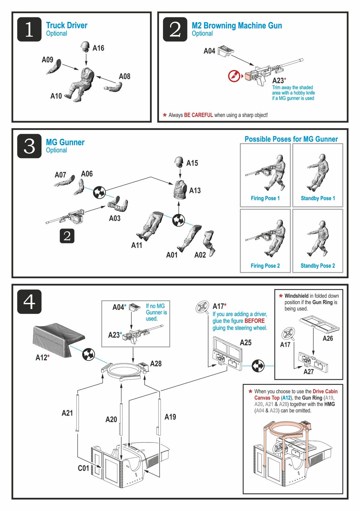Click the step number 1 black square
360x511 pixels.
[29, 29]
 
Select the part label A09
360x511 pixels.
[47, 60]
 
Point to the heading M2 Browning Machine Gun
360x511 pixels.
[237, 26]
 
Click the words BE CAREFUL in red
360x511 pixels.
[198, 115]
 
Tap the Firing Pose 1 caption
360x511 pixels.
[265, 198]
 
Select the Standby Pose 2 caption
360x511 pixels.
[318, 266]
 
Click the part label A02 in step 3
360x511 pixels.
[200, 255]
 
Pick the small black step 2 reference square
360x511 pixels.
[67, 236]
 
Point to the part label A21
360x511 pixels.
[67, 413]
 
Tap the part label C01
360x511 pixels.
[83, 468]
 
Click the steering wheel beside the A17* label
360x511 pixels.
[202, 307]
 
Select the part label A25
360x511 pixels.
[245, 343]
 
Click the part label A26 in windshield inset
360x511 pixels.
[328, 338]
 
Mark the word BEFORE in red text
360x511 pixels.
[254, 321]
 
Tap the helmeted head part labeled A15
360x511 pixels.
[179, 162]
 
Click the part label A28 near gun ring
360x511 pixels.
[156, 364]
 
